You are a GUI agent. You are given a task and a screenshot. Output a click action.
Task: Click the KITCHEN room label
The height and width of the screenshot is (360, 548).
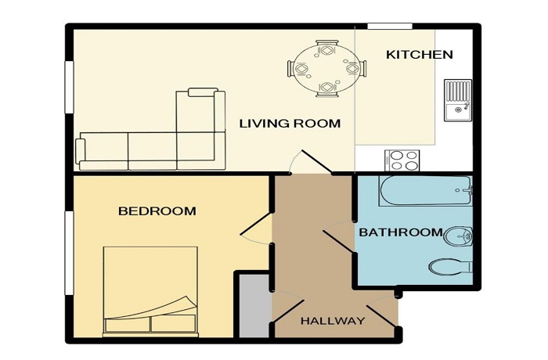(420, 55)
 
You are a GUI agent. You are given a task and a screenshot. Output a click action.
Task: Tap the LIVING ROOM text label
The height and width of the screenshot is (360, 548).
(290, 124)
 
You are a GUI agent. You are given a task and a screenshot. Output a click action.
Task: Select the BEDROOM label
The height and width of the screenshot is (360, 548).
(157, 211)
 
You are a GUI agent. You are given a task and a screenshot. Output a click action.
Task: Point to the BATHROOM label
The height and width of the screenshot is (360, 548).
(401, 232)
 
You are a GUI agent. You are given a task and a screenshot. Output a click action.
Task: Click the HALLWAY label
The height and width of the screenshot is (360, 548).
(333, 321)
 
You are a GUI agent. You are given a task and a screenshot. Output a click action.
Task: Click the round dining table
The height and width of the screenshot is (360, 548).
(326, 69)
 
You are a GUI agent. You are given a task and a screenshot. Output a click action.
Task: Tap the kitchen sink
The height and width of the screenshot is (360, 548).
(458, 100)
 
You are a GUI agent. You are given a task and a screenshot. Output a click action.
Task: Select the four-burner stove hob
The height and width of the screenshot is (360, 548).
(402, 160)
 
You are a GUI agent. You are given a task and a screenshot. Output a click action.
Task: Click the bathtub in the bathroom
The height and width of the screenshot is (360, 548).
(426, 190)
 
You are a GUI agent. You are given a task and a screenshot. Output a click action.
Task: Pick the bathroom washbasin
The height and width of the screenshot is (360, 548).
(459, 236)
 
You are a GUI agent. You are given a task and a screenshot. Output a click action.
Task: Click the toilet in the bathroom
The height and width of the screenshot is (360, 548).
(450, 267)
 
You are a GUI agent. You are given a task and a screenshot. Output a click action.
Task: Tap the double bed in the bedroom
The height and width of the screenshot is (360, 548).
(150, 291)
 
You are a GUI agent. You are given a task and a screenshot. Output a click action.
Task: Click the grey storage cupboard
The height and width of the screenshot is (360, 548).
(255, 306)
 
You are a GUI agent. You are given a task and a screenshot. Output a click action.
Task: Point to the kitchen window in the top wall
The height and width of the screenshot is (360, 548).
(390, 26)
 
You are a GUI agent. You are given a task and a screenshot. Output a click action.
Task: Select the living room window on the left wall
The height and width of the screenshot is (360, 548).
(70, 87)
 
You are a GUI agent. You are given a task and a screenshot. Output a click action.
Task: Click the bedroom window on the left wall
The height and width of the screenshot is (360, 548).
(70, 252)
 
